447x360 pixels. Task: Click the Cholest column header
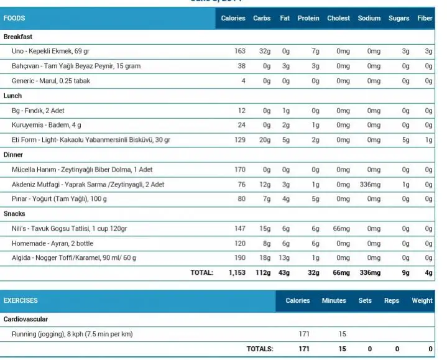pyautogui.click(x=338, y=19)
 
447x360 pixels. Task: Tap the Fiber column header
pyautogui.click(x=425, y=19)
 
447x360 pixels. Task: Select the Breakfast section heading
pyautogui.click(x=18, y=37)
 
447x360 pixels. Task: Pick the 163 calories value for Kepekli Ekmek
pyautogui.click(x=239, y=51)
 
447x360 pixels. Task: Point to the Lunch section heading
pyautogui.click(x=12, y=96)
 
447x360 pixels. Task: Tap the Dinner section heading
pyautogui.click(x=14, y=154)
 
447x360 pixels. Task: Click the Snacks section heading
pyautogui.click(x=14, y=214)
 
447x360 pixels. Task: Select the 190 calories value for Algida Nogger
pyautogui.click(x=239, y=258)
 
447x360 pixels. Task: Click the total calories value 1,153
pyautogui.click(x=237, y=272)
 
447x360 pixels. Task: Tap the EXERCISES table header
pyautogui.click(x=21, y=300)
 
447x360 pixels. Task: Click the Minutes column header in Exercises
pyautogui.click(x=334, y=300)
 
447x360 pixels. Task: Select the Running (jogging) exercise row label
pyautogui.click(x=72, y=334)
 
